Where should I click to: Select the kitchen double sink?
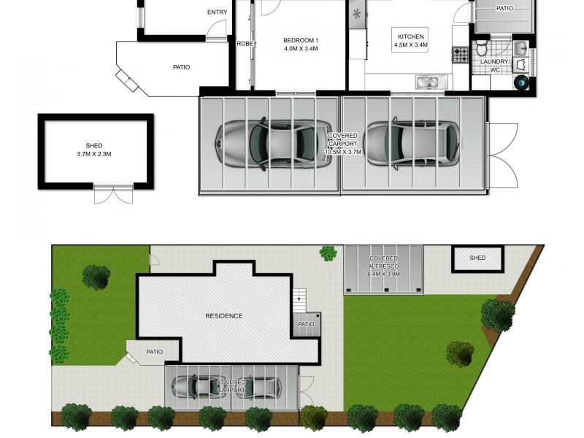[x=430, y=82]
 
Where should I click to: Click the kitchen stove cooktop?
[x=461, y=55]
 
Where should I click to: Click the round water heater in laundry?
[x=523, y=82]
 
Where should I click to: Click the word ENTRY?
[x=217, y=12]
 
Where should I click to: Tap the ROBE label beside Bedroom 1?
[x=245, y=44]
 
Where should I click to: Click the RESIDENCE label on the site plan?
[x=223, y=316]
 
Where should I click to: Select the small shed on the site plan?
[x=477, y=258]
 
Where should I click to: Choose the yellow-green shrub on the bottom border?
[x=315, y=417]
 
